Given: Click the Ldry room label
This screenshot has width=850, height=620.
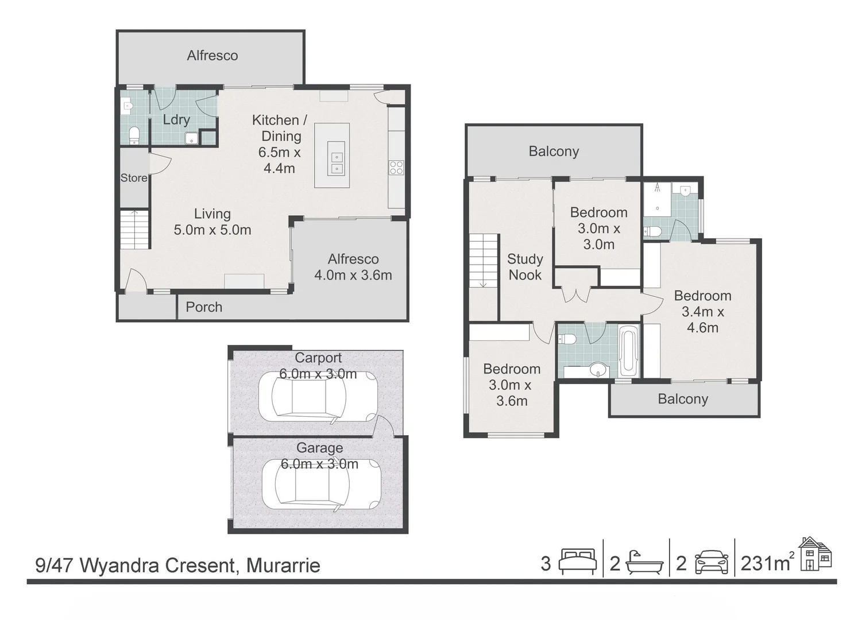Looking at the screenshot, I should (176, 119).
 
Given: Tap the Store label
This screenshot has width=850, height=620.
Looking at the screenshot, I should (134, 178).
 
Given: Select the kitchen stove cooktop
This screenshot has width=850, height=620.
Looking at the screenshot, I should (396, 168).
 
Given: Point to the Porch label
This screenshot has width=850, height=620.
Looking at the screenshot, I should (204, 307).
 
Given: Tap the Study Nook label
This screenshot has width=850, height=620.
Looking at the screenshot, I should (525, 267).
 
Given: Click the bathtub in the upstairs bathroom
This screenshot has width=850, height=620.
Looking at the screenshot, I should (629, 350).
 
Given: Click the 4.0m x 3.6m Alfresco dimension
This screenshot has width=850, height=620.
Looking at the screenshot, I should (353, 275).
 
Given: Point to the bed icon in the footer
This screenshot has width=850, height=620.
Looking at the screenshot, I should (577, 563).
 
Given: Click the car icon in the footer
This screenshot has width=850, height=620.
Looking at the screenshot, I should (712, 563).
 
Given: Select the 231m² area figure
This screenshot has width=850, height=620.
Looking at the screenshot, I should (766, 563).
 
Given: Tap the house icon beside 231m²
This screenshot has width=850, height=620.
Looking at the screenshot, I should (815, 554).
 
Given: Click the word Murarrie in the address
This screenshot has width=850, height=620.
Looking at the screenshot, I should (283, 565).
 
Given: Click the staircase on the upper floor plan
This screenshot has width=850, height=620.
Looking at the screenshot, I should (484, 261).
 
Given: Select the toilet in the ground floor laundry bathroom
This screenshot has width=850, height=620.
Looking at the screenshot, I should (134, 135).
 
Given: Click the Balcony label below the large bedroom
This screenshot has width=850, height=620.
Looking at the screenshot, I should (683, 399).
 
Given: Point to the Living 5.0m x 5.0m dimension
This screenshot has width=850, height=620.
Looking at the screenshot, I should (212, 230).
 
